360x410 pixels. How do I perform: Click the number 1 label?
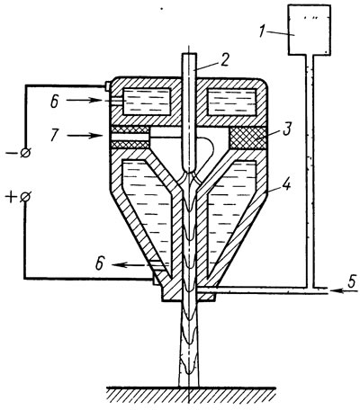click(263, 31)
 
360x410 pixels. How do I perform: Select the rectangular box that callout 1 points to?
click(310, 30)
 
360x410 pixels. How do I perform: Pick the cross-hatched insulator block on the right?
click(247, 138)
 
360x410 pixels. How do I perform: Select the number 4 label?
click(286, 184)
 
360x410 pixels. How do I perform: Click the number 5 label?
click(351, 281)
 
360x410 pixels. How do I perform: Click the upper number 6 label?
click(54, 102)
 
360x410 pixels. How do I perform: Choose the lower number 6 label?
click(99, 264)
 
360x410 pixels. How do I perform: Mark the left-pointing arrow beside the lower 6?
click(130, 264)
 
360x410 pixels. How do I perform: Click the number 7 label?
click(54, 136)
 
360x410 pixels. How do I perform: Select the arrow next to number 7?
click(85, 136)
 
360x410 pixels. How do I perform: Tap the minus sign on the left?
click(11, 153)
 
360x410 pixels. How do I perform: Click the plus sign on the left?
click(10, 198)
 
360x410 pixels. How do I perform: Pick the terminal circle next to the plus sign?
click(25, 198)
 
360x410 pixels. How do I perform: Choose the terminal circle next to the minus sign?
click(25, 153)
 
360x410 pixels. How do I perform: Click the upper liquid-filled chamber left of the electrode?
click(148, 102)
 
